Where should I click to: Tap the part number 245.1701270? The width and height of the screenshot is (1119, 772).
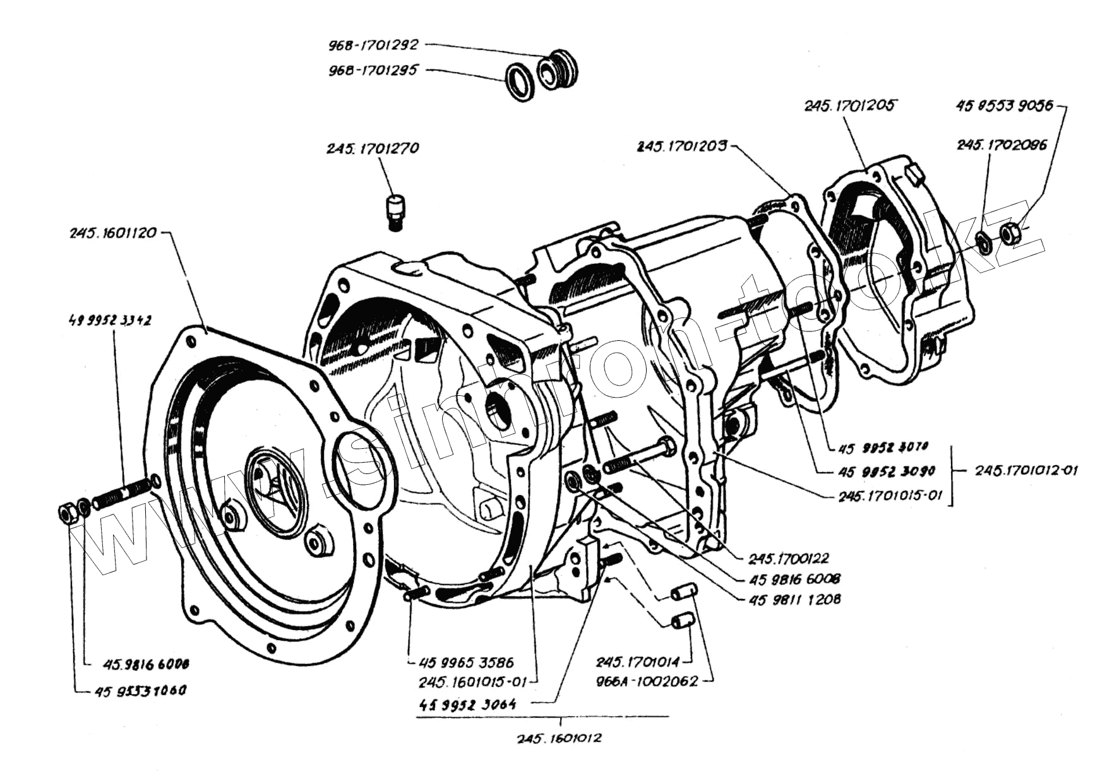(x=373, y=149)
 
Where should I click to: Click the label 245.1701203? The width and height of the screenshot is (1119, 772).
(x=682, y=146)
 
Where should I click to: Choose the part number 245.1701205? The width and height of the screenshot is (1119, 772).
(x=849, y=105)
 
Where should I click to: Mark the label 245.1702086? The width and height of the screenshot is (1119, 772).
(x=1002, y=145)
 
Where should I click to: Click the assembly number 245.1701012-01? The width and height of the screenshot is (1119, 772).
(x=1026, y=470)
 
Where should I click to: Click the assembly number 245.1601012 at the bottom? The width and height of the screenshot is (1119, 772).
(x=559, y=738)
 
